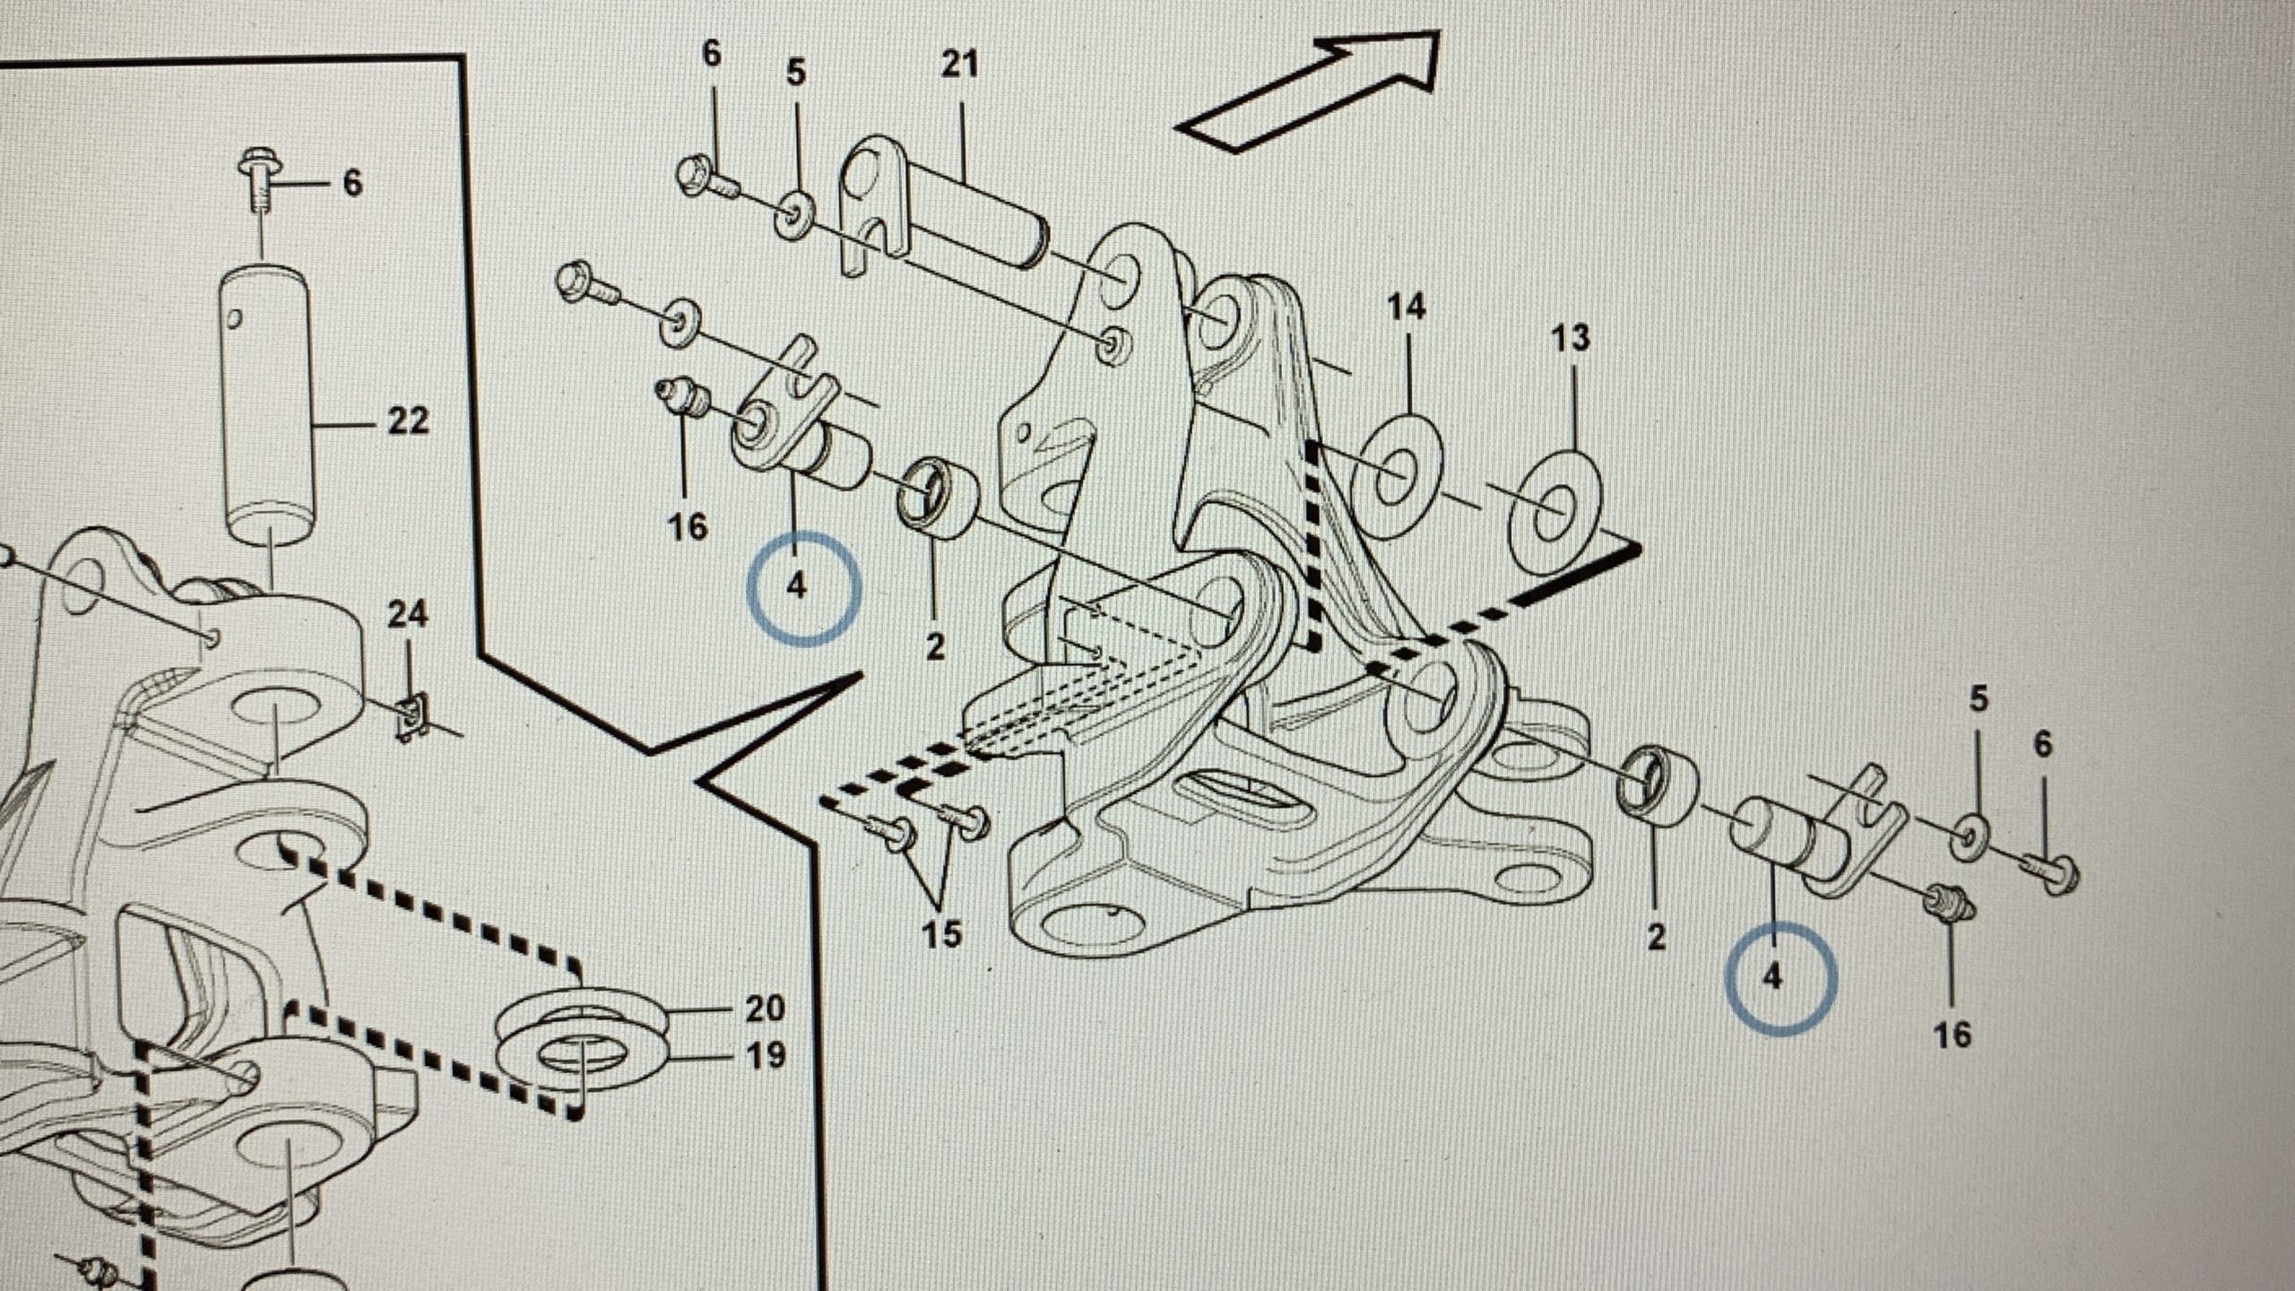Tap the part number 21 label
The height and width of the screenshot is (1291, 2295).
(959, 65)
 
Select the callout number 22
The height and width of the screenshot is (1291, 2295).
(408, 420)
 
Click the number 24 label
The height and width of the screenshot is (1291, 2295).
(408, 615)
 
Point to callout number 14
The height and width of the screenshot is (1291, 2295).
(1406, 308)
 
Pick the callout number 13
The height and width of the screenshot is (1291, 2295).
(1570, 338)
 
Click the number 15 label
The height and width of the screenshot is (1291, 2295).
(941, 933)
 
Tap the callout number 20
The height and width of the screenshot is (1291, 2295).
(765, 1008)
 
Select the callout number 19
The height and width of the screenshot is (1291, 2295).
(765, 1055)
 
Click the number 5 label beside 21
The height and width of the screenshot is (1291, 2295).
(796, 72)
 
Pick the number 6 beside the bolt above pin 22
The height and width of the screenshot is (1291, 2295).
(352, 183)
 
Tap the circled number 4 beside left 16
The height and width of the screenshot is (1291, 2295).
(797, 587)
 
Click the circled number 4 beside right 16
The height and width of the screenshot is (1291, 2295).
(1772, 976)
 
